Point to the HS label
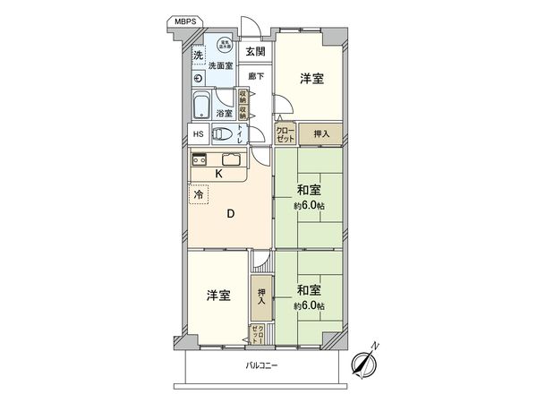click(x=199, y=135)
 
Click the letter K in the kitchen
click(x=217, y=174)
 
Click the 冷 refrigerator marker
click(x=196, y=193)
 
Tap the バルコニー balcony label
click(x=262, y=366)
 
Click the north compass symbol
click(x=364, y=361)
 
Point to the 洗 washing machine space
click(x=197, y=56)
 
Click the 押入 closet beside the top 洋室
click(x=320, y=133)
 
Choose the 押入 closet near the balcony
click(x=261, y=296)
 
